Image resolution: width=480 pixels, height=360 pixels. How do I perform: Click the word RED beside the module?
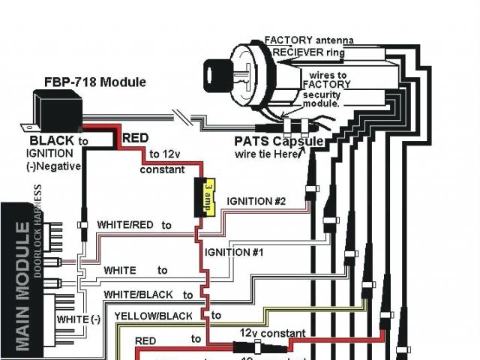point(135,138)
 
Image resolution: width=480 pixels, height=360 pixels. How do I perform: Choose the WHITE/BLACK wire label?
point(140,295)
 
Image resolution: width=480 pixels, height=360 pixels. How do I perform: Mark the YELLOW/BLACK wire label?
point(153,316)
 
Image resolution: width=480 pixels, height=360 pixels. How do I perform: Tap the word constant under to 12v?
point(162,169)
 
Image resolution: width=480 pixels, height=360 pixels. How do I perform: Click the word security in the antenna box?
point(321,94)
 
